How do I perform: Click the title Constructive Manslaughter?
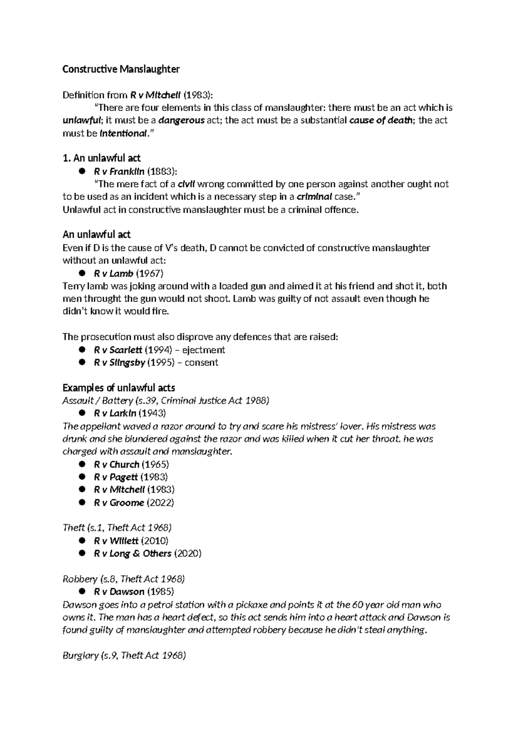(x=121, y=69)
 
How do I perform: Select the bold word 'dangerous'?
(x=181, y=120)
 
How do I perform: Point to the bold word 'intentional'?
(x=123, y=133)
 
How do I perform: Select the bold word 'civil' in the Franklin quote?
(x=186, y=184)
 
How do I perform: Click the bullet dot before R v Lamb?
(x=81, y=273)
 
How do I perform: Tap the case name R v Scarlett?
(x=117, y=350)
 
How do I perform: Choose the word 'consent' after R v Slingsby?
(x=201, y=363)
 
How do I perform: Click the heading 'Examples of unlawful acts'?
(x=119, y=388)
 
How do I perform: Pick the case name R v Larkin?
(x=114, y=413)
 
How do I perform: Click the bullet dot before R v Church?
(x=81, y=464)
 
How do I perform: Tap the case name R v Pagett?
(x=115, y=477)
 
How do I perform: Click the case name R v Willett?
(x=116, y=541)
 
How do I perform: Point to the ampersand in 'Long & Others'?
(x=136, y=554)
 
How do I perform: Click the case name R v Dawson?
(x=119, y=592)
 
